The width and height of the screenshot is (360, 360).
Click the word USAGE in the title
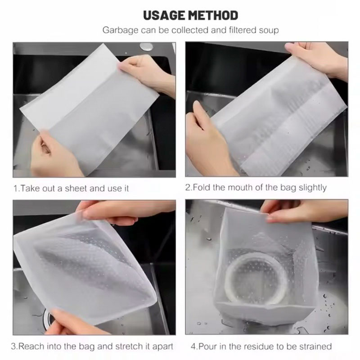165,15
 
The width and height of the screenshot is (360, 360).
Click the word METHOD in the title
213,15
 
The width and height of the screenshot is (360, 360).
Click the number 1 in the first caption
15,189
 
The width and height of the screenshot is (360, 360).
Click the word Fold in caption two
201,187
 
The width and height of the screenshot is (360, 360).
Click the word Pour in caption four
207,346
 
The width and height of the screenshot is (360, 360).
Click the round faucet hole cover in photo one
146,47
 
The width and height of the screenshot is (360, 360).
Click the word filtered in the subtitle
242,30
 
